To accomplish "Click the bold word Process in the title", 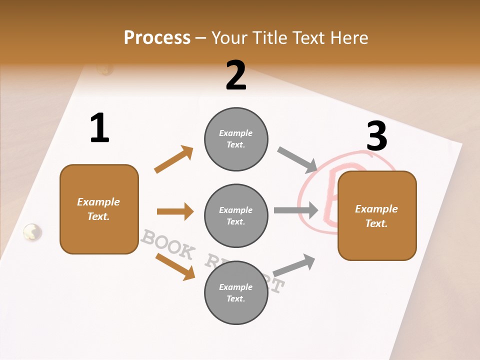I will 157,38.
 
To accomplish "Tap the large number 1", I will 99,128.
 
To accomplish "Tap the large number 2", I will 236,75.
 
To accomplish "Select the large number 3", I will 376,136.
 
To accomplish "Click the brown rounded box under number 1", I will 99,209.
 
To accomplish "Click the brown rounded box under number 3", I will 377,215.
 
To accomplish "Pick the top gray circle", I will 236,139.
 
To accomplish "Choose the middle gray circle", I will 236,215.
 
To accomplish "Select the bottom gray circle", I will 236,292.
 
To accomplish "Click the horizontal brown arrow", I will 175,211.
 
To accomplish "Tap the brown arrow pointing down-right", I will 175,266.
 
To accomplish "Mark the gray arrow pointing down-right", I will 297,159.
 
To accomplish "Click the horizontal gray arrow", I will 296,210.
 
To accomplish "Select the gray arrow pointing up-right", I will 294,265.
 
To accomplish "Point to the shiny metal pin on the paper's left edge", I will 32,231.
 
